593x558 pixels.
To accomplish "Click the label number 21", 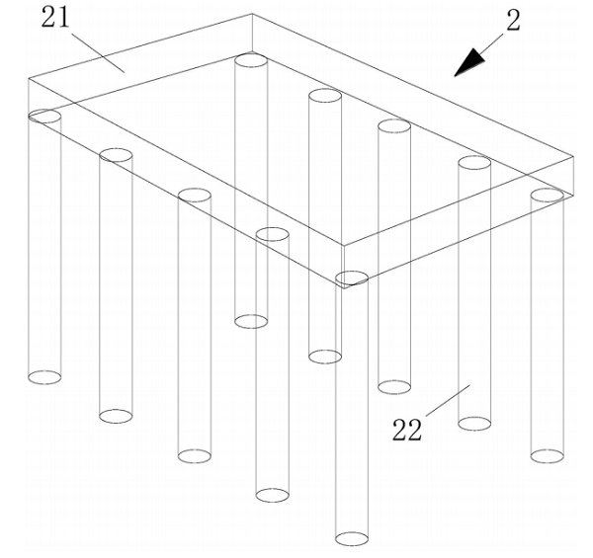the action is point(55,18).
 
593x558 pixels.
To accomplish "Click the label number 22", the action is point(406,430).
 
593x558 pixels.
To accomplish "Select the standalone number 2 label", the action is point(513,21).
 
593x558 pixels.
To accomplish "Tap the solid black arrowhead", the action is point(469,63).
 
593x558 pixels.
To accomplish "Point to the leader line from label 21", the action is point(98,52).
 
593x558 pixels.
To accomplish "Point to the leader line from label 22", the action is point(448,400).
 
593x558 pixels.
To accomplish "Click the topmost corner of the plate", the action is point(252,14).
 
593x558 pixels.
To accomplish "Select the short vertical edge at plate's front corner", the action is point(344,267).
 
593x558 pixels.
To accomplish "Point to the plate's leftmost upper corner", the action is point(29,79).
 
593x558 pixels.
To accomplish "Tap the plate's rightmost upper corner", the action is point(573,156).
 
